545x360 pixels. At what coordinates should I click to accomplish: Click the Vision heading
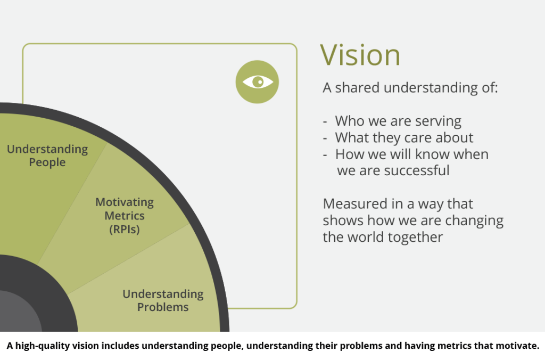[x=360, y=55]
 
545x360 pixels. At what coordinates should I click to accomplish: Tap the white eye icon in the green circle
[x=258, y=82]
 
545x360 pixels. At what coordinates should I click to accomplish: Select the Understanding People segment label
[x=47, y=156]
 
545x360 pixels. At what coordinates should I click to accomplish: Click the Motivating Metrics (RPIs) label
[x=125, y=216]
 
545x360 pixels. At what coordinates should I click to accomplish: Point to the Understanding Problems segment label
[x=163, y=300]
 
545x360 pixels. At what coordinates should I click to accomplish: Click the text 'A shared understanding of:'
[x=410, y=88]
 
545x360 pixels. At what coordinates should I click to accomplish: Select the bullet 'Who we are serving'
[x=398, y=121]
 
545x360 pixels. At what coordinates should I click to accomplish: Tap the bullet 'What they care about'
[x=404, y=138]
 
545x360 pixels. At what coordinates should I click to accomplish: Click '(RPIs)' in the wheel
[x=125, y=229]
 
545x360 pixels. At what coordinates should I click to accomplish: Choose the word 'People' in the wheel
[x=47, y=162]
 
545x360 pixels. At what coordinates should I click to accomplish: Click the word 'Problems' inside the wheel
[x=163, y=307]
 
